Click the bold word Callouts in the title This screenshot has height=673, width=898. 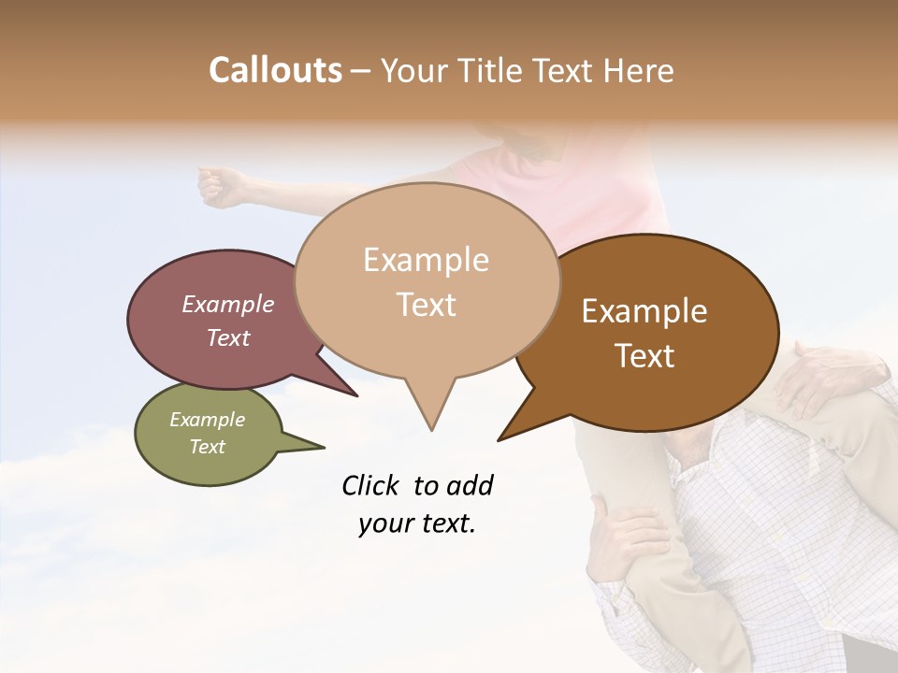pyautogui.click(x=275, y=70)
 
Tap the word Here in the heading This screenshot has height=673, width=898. pyautogui.click(x=639, y=71)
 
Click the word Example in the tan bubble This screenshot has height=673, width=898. pyautogui.click(x=426, y=260)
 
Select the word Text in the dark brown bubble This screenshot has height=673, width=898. pyautogui.click(x=645, y=356)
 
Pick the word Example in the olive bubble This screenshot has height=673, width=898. pyautogui.click(x=208, y=420)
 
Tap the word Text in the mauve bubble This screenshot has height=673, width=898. pyautogui.click(x=228, y=337)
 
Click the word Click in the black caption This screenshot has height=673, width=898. pyautogui.click(x=371, y=485)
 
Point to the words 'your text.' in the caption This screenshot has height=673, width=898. pyautogui.click(x=416, y=524)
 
